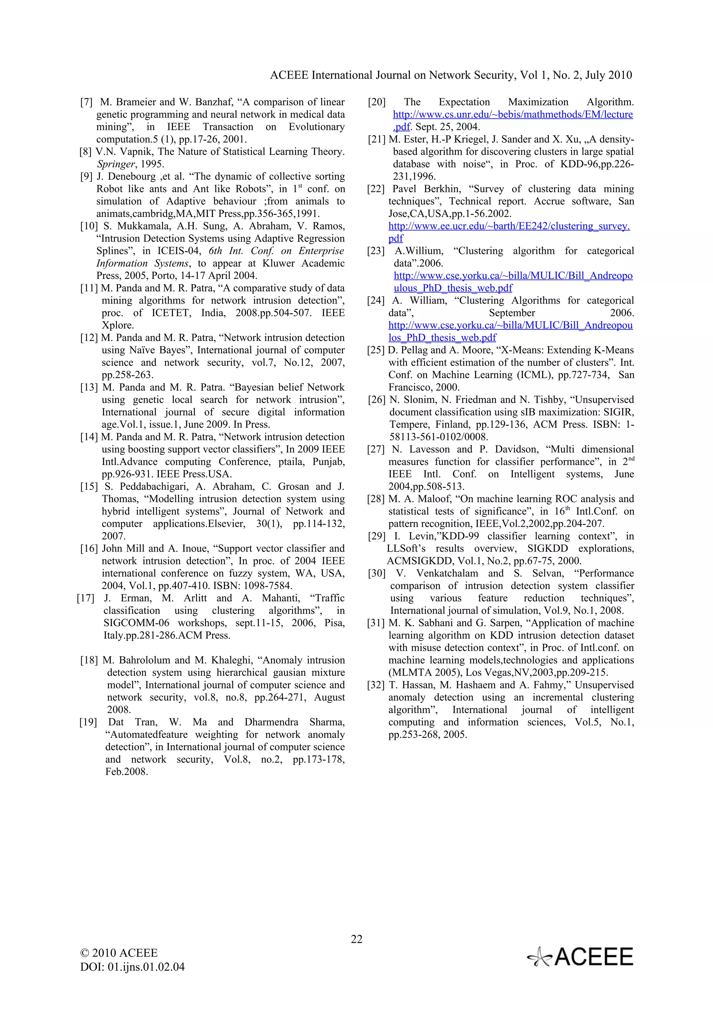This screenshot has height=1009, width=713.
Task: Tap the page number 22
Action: [x=356, y=939]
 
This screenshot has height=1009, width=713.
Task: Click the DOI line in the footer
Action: [x=132, y=967]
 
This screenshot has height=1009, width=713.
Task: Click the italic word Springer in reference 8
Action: [x=116, y=164]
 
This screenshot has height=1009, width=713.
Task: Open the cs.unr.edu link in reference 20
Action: [x=513, y=115]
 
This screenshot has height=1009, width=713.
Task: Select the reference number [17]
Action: [x=85, y=598]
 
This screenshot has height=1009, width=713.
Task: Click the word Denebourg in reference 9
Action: [x=131, y=177]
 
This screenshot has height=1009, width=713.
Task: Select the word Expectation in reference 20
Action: [x=464, y=102]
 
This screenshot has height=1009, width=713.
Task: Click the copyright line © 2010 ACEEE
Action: [x=119, y=953]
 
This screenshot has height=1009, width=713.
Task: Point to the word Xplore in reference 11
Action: [x=118, y=326]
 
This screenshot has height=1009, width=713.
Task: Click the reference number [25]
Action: [x=376, y=350]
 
